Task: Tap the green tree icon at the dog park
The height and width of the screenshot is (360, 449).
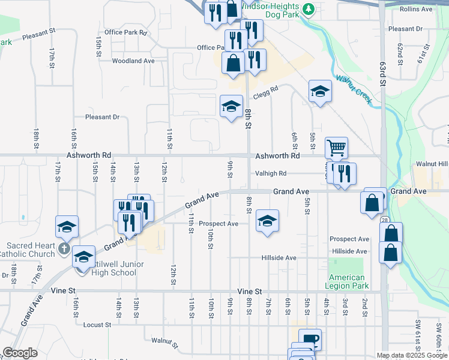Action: point(309,9)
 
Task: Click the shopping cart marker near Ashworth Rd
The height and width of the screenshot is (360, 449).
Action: point(336,147)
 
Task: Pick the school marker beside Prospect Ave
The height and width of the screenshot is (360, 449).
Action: point(267,220)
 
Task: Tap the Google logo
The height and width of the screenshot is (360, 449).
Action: point(20,353)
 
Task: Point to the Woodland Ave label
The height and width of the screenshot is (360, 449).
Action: point(133,61)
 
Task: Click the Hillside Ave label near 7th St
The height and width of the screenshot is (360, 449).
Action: point(279,257)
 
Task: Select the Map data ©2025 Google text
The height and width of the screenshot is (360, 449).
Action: point(412,355)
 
